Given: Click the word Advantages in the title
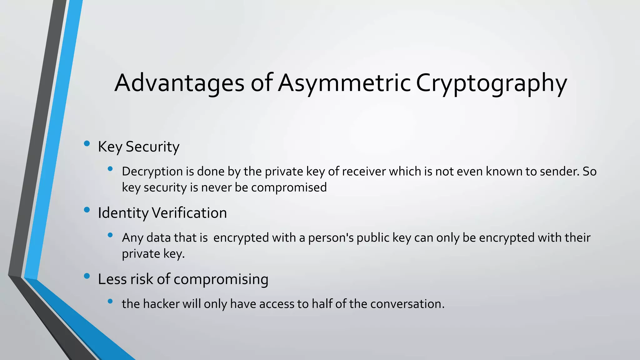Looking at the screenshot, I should point(179,83).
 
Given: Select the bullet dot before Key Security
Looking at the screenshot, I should point(87,143).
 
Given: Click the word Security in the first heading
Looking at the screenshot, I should point(152,147).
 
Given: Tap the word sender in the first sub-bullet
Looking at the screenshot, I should point(558,172).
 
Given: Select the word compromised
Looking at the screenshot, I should point(289,187).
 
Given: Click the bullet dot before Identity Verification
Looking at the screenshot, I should point(87,210).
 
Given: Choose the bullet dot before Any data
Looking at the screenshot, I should point(110,235).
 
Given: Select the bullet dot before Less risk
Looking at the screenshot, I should point(87,276).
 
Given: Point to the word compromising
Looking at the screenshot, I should point(221,279).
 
